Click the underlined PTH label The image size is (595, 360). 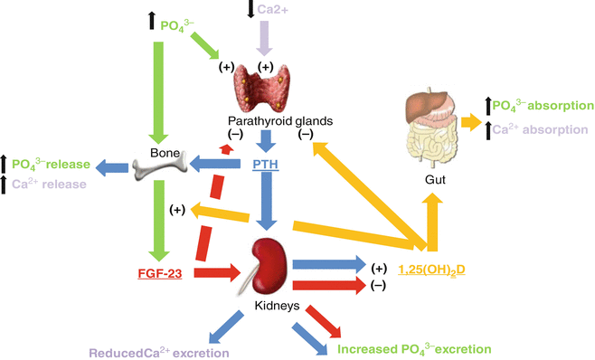point(267,166)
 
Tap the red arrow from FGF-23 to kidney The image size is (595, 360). point(214,270)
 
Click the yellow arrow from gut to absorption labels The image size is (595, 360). point(470,120)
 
